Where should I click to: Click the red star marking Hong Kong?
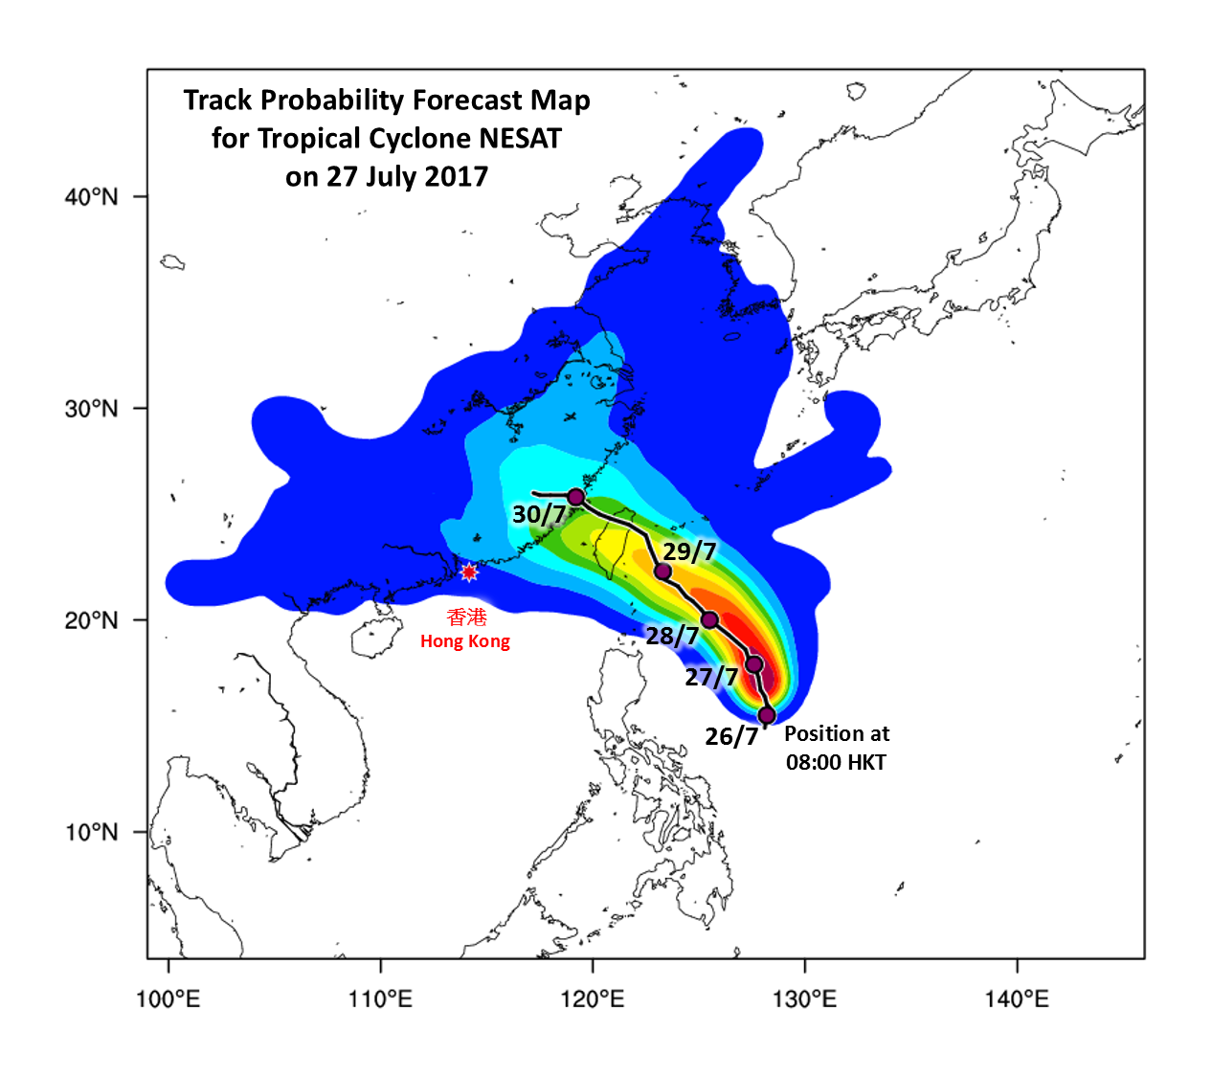click(468, 572)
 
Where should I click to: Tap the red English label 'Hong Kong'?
click(465, 641)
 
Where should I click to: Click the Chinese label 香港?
click(466, 617)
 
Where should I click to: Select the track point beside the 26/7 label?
click(766, 715)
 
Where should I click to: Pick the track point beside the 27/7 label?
click(754, 664)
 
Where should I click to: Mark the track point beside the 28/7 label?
click(709, 620)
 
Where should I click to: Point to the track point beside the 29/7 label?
click(662, 572)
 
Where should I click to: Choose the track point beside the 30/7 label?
click(576, 497)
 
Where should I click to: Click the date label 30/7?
click(539, 514)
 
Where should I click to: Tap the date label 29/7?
click(689, 551)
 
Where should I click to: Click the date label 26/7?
click(731, 736)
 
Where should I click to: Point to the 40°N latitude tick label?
click(92, 197)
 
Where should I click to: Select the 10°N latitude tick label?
click(92, 832)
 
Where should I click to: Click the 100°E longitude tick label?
click(168, 1000)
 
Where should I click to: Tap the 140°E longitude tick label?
click(1017, 1000)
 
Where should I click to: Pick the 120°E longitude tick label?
click(593, 1000)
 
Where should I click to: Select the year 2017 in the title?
click(458, 177)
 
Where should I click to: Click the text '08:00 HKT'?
click(836, 763)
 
